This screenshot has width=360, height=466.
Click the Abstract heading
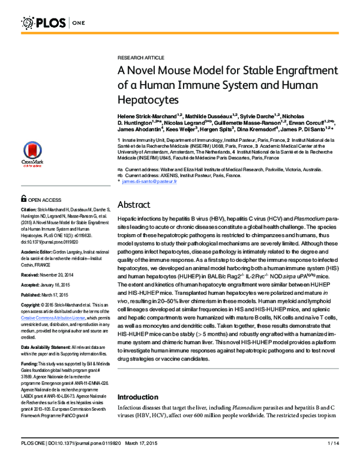(136, 204)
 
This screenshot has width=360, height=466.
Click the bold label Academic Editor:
(40, 236)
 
